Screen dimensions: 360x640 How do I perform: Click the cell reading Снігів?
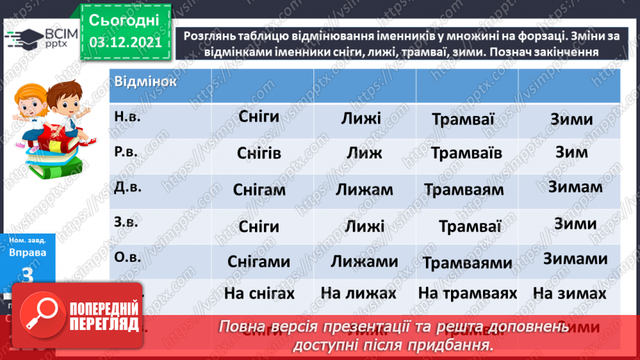[259, 154]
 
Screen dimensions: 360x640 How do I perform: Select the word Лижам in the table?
[364, 190]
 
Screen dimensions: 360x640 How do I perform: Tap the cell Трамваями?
[467, 263]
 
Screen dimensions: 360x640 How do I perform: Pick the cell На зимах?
[569, 294]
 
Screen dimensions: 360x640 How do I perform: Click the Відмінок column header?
[145, 81]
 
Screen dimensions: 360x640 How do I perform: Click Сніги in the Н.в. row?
[259, 117]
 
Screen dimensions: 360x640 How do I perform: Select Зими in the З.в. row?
[575, 224]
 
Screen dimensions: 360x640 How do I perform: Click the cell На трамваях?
[468, 294]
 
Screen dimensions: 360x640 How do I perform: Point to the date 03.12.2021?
[125, 42]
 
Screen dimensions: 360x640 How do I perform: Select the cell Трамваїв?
[466, 153]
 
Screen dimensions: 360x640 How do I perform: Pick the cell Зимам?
[575, 187]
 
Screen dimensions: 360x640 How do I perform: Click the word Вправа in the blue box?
[28, 252]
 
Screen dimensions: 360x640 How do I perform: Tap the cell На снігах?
[259, 294]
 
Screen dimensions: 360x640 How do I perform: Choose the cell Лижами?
[364, 261]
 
